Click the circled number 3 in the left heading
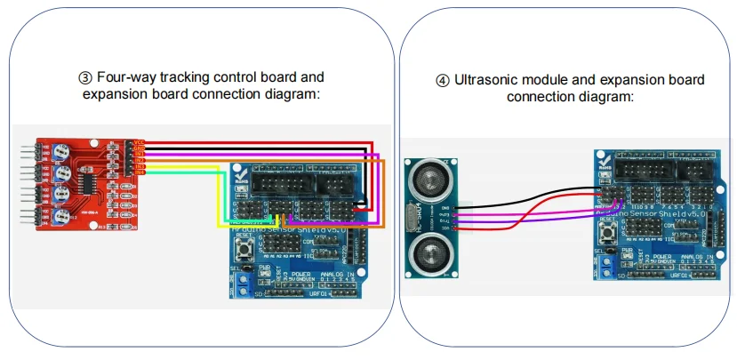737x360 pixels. (85, 77)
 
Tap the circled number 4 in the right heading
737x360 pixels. (442, 80)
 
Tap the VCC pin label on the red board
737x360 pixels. (140, 141)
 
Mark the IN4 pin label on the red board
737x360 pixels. (140, 172)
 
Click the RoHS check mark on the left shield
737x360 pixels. (239, 177)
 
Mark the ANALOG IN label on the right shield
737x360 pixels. (698, 257)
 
